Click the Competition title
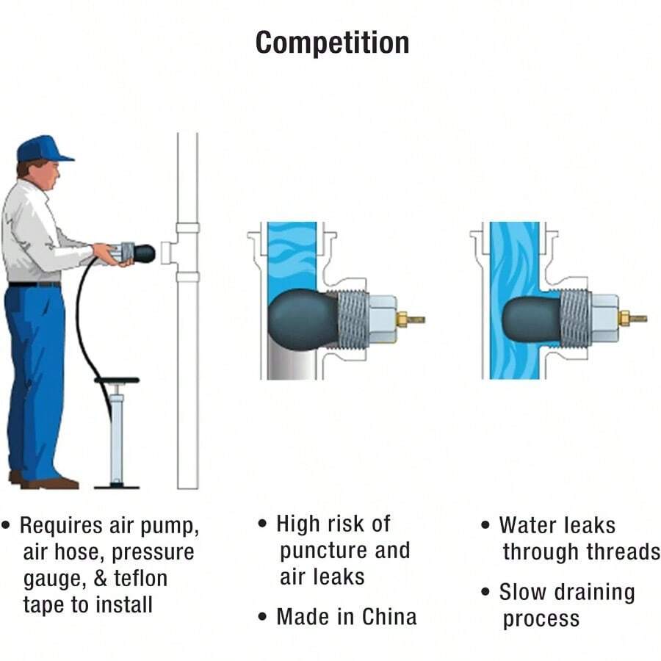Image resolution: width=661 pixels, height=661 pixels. [332, 43]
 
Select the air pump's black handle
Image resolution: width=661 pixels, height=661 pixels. [116, 380]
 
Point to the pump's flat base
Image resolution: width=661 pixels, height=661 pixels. [116, 485]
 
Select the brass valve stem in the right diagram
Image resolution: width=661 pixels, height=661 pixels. [632, 319]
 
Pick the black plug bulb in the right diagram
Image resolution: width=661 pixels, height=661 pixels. [530, 318]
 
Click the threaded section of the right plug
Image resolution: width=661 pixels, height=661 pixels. [575, 319]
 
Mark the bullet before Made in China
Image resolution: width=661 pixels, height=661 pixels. [263, 617]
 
